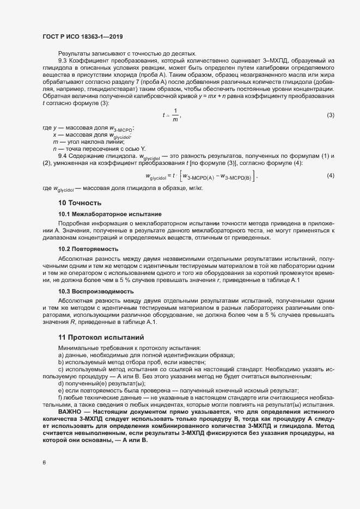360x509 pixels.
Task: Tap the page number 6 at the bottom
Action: click(x=44, y=463)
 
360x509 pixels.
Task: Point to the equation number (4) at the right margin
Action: click(x=330, y=175)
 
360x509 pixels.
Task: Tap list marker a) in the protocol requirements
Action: click(x=60, y=355)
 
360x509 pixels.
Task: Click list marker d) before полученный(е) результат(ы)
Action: click(x=60, y=384)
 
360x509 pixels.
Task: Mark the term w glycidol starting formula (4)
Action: click(x=155, y=176)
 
